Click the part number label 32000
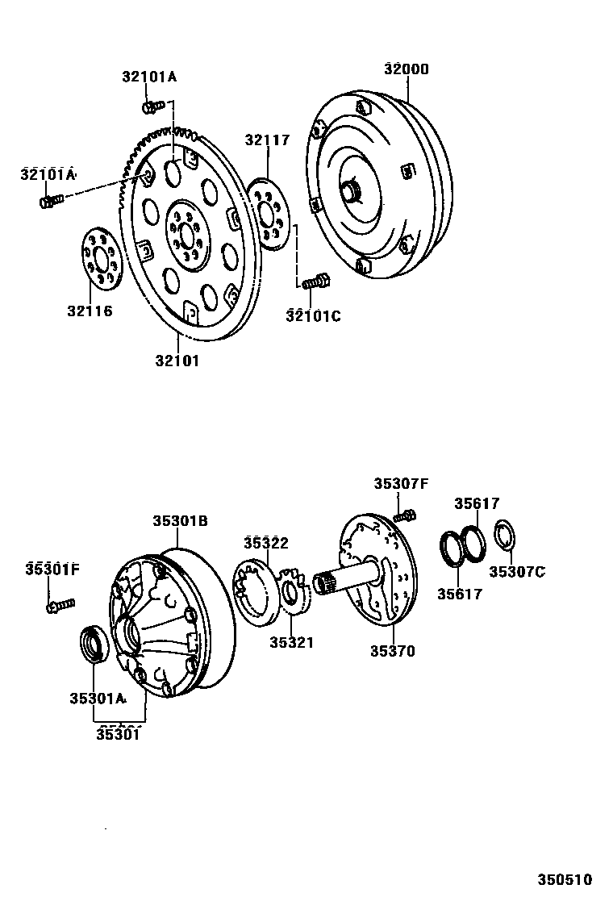pos(406,69)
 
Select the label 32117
pos(267,141)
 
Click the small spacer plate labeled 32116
pos(102,258)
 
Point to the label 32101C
pos(313,316)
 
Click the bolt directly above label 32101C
pos(315,282)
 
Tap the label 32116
pos(89,311)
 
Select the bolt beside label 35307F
pos(406,514)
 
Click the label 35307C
pos(517,572)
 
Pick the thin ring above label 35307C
pos(505,535)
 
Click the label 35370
pos(393,651)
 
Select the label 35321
pos(291,643)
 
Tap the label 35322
pos(266,543)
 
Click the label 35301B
pos(181,522)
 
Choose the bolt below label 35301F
pos(60,603)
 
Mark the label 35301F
pos(52,569)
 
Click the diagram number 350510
pos(565,878)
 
